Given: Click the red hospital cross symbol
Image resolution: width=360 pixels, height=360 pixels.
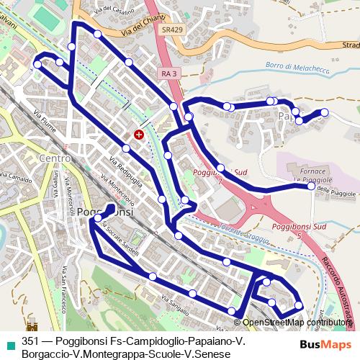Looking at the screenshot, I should (139, 134).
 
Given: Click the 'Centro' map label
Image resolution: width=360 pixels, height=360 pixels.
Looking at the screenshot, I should (55, 158).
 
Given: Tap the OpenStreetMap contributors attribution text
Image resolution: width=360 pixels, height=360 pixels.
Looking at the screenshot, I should (295, 323).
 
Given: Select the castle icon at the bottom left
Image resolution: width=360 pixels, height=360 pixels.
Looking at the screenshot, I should (31, 325).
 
